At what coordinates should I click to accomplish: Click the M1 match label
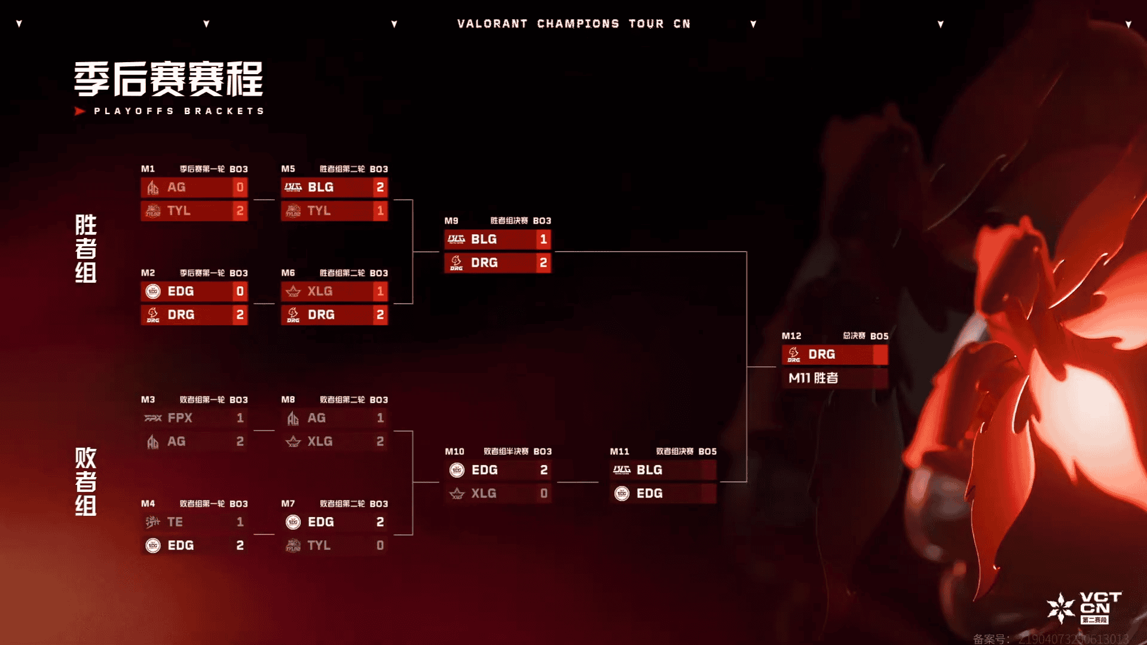coord(148,169)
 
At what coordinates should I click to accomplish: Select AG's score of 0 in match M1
coord(240,187)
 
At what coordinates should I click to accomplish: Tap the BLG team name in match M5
coord(320,187)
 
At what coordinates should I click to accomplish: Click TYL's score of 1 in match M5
coord(380,210)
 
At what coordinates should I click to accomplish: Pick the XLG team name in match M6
coord(320,291)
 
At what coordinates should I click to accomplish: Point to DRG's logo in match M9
coord(457,262)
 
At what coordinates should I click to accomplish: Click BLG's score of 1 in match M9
coord(543,239)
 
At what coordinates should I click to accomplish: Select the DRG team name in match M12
coord(821,354)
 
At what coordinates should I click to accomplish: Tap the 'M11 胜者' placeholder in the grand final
coord(813,378)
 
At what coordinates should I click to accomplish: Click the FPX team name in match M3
coord(180,418)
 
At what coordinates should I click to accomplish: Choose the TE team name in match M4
coord(175,522)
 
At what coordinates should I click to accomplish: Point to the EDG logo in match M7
coord(293,522)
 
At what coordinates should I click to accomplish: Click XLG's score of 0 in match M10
coord(543,493)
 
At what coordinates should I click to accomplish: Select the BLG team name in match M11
coord(649,470)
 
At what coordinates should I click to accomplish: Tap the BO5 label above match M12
coord(879,336)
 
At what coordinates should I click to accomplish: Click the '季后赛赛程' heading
coord(169,80)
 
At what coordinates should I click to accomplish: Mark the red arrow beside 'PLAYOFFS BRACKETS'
coord(79,111)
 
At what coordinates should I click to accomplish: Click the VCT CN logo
coord(1085,608)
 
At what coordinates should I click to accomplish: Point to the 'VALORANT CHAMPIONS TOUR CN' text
coord(574,24)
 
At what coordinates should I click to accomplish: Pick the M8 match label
coord(288,400)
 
